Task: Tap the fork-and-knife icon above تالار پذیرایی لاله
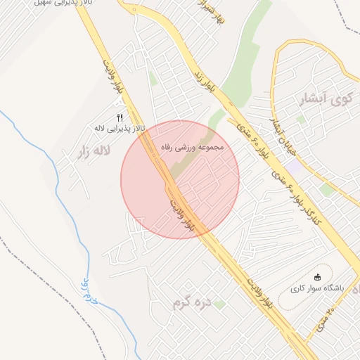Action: (120, 117)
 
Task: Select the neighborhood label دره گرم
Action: (192, 304)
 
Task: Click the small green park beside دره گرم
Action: (219, 304)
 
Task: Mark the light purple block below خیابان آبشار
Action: (292, 167)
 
